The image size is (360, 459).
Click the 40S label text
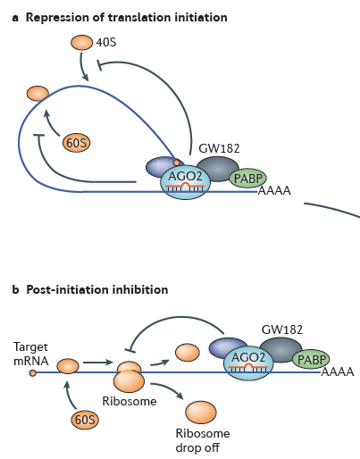106,42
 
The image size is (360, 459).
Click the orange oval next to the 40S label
81,43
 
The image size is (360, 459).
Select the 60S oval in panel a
76,143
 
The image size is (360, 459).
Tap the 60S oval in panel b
85,420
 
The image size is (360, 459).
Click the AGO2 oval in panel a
186,182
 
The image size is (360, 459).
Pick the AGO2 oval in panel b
248,363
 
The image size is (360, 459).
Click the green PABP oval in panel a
247,179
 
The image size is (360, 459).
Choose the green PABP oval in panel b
311,359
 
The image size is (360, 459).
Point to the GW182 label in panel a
219,148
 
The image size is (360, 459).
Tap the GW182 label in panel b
282,330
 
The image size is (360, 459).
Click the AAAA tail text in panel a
274,190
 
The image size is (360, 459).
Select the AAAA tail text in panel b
338,371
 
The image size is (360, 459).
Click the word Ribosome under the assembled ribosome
130,401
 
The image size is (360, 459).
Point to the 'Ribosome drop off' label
203,440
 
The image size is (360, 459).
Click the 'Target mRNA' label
30,354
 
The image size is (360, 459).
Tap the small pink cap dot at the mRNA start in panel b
32,372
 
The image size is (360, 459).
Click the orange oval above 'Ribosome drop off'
201,413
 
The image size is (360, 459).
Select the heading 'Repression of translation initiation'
127,18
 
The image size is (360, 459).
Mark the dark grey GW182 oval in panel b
280,349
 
